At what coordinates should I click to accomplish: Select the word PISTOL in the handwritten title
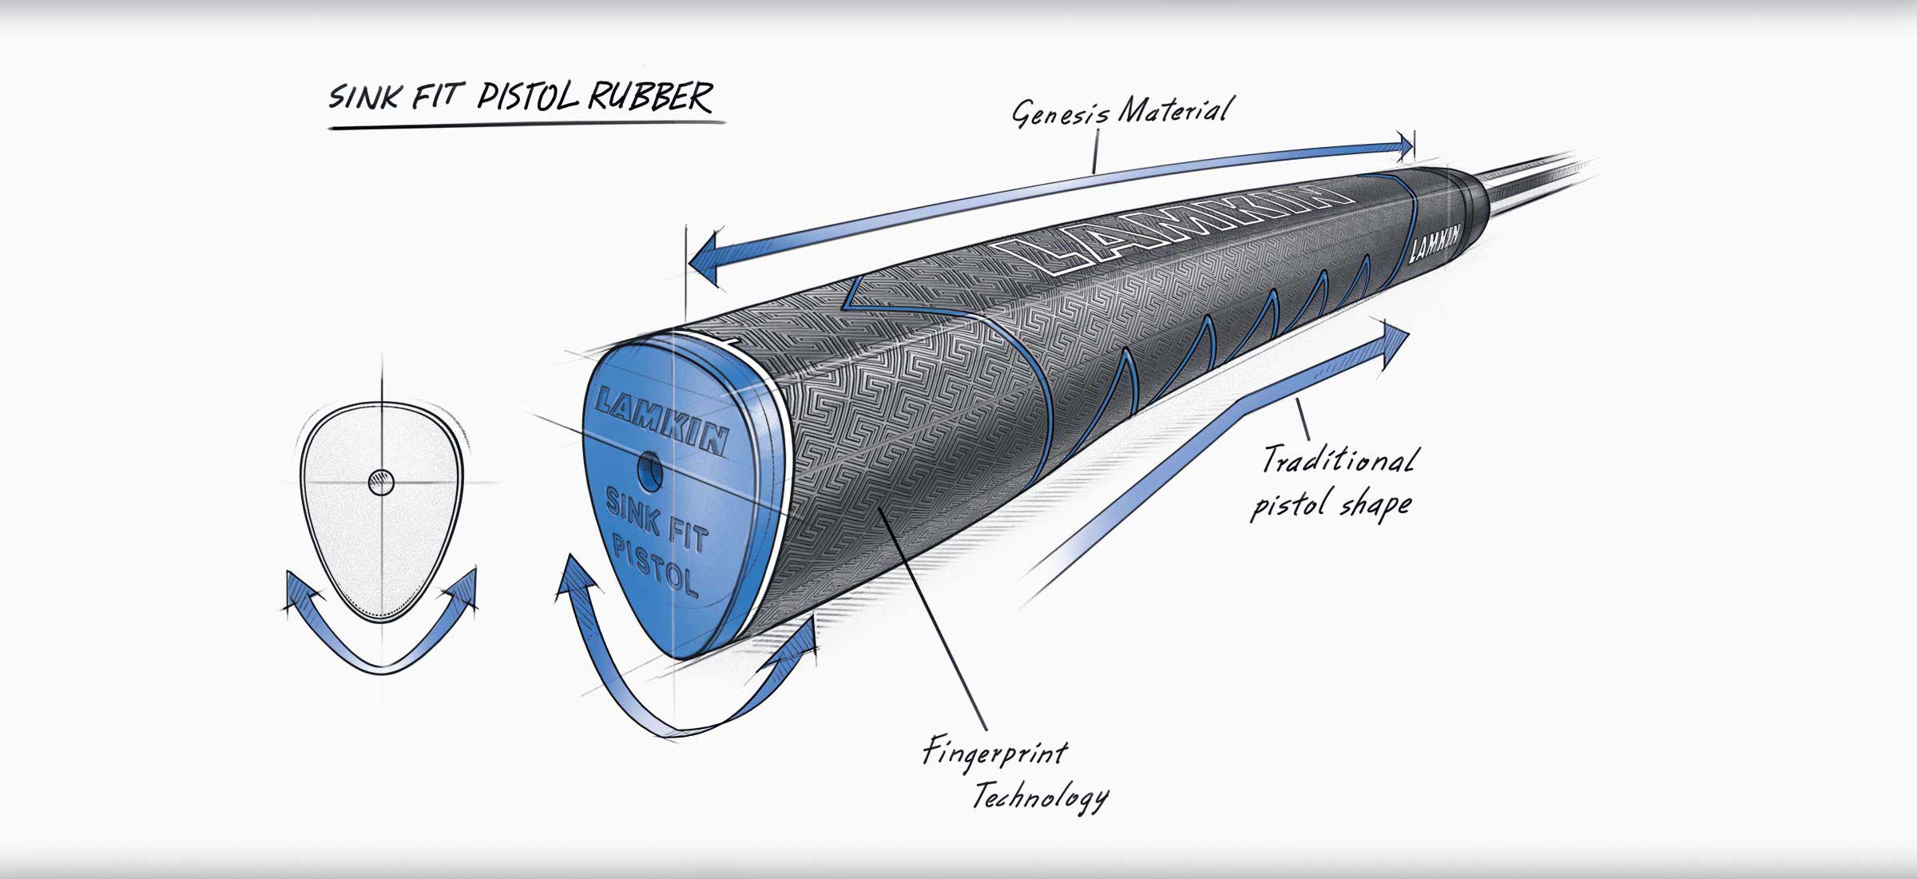(x=529, y=97)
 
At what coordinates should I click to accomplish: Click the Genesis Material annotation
(x=1120, y=113)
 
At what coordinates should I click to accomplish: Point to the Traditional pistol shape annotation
(x=1334, y=483)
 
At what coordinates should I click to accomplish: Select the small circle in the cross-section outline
(x=381, y=483)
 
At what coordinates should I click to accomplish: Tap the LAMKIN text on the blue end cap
(x=662, y=419)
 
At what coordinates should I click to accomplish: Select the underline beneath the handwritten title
(x=527, y=125)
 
